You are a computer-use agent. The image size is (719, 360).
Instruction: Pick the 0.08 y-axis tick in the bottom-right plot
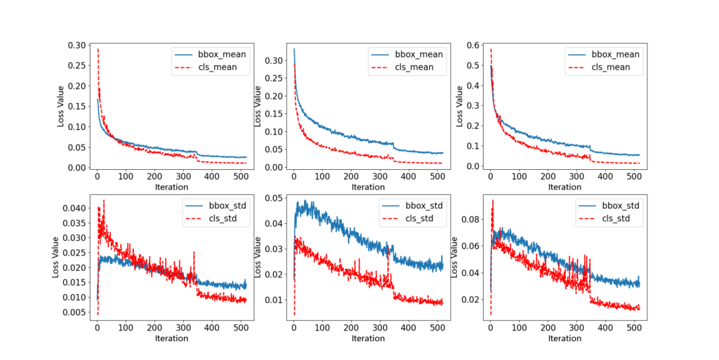(469, 220)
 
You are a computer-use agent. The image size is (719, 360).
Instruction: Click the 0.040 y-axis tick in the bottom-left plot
(73, 208)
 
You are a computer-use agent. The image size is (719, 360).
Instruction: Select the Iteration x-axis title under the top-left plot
(172, 187)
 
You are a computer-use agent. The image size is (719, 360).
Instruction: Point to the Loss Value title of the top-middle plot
(258, 106)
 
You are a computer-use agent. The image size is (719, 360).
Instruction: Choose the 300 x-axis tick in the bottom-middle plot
(383, 328)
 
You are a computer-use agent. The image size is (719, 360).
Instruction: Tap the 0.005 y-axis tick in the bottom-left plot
(73, 312)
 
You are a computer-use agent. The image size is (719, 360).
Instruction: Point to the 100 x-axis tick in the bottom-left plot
(126, 328)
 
